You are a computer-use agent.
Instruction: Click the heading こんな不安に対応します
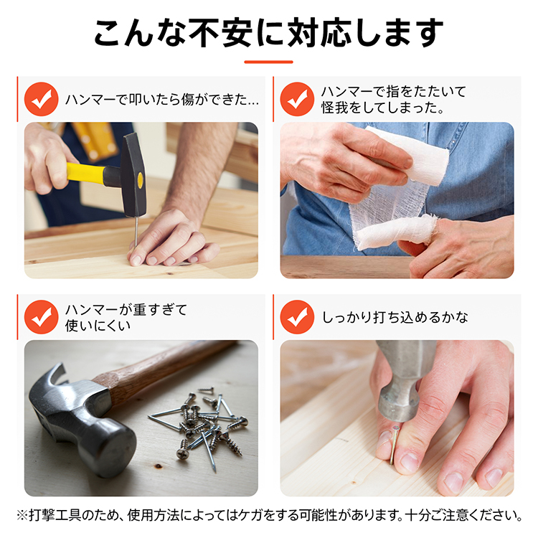click(269, 33)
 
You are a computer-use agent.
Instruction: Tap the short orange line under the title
click(269, 62)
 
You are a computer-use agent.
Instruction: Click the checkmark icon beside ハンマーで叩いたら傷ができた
click(41, 99)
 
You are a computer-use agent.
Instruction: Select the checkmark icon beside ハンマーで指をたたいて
click(297, 99)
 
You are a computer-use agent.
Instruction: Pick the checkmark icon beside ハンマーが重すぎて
click(41, 317)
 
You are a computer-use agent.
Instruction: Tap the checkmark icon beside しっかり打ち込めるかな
click(297, 317)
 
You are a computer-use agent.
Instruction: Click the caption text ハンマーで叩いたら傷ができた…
click(162, 100)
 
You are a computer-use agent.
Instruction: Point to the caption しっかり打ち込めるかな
click(395, 317)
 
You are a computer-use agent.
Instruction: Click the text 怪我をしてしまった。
click(382, 108)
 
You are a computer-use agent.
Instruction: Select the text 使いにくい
click(98, 326)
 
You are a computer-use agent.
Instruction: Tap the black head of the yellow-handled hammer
click(134, 175)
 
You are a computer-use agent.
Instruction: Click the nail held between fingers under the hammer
click(394, 445)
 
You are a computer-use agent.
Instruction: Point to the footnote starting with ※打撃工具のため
click(270, 515)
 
